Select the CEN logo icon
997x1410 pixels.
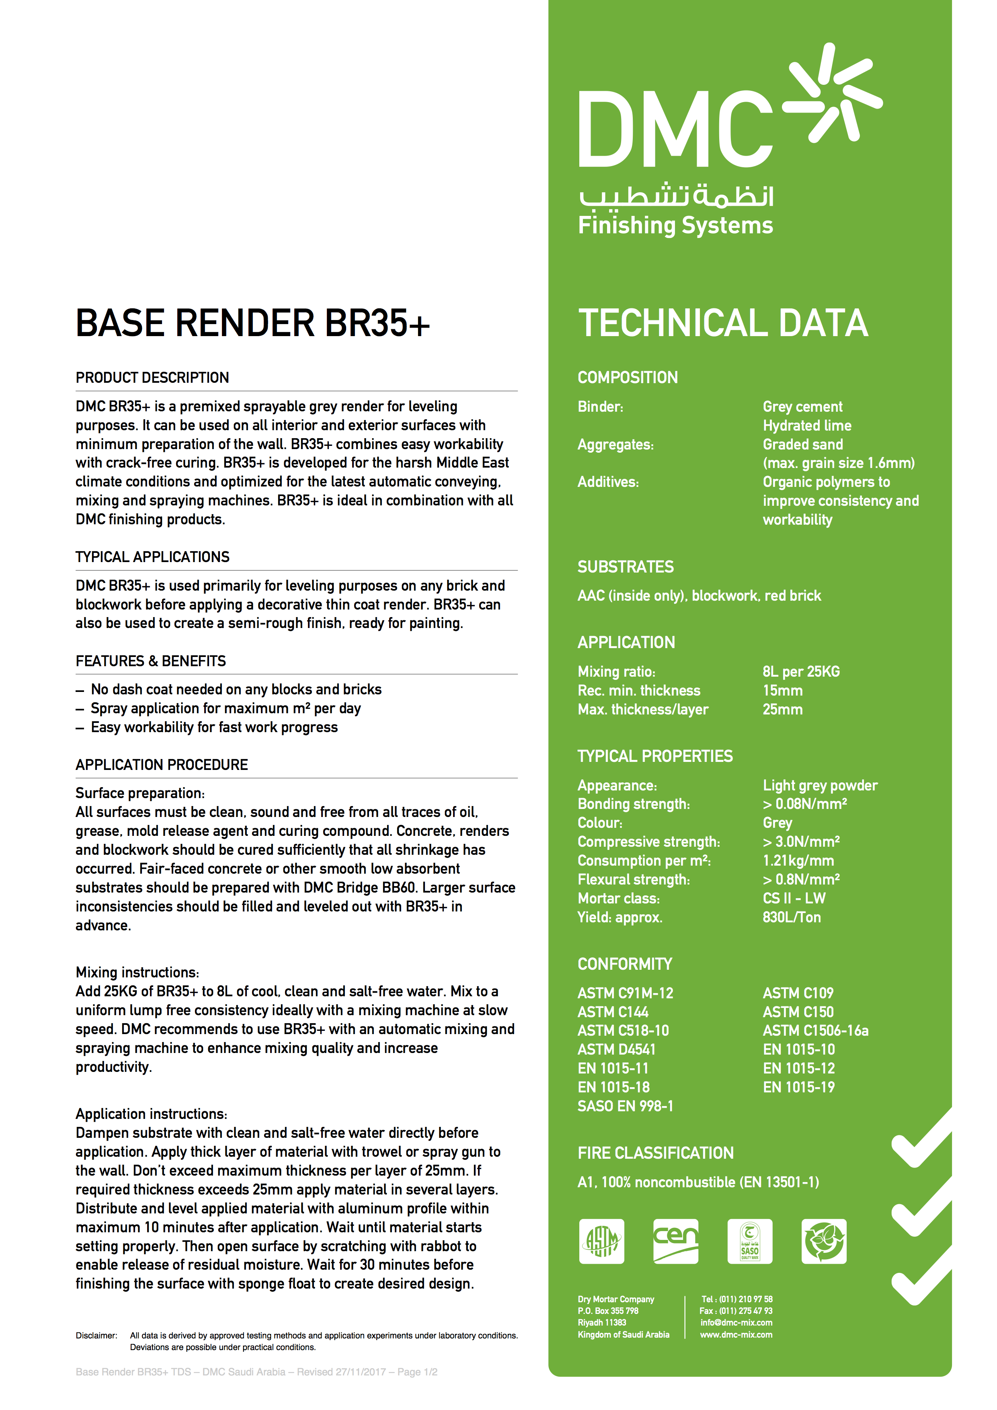pos(675,1241)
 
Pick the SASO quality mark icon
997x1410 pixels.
pos(750,1241)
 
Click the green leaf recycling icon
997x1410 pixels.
pos(824,1241)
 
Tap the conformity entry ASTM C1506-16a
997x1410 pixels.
pos(815,1030)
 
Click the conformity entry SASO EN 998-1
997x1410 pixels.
pos(625,1106)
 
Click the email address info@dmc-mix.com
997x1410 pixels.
pos(736,1323)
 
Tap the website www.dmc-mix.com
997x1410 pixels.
pos(736,1334)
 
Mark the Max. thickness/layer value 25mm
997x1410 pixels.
pos(782,709)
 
